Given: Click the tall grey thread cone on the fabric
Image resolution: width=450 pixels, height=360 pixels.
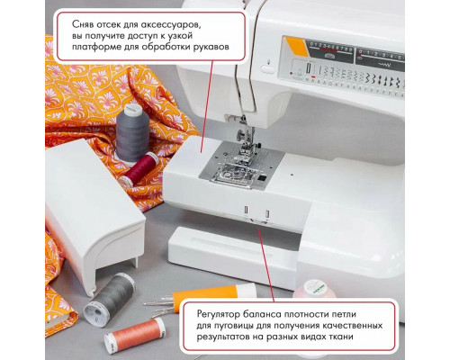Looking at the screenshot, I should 130,130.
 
